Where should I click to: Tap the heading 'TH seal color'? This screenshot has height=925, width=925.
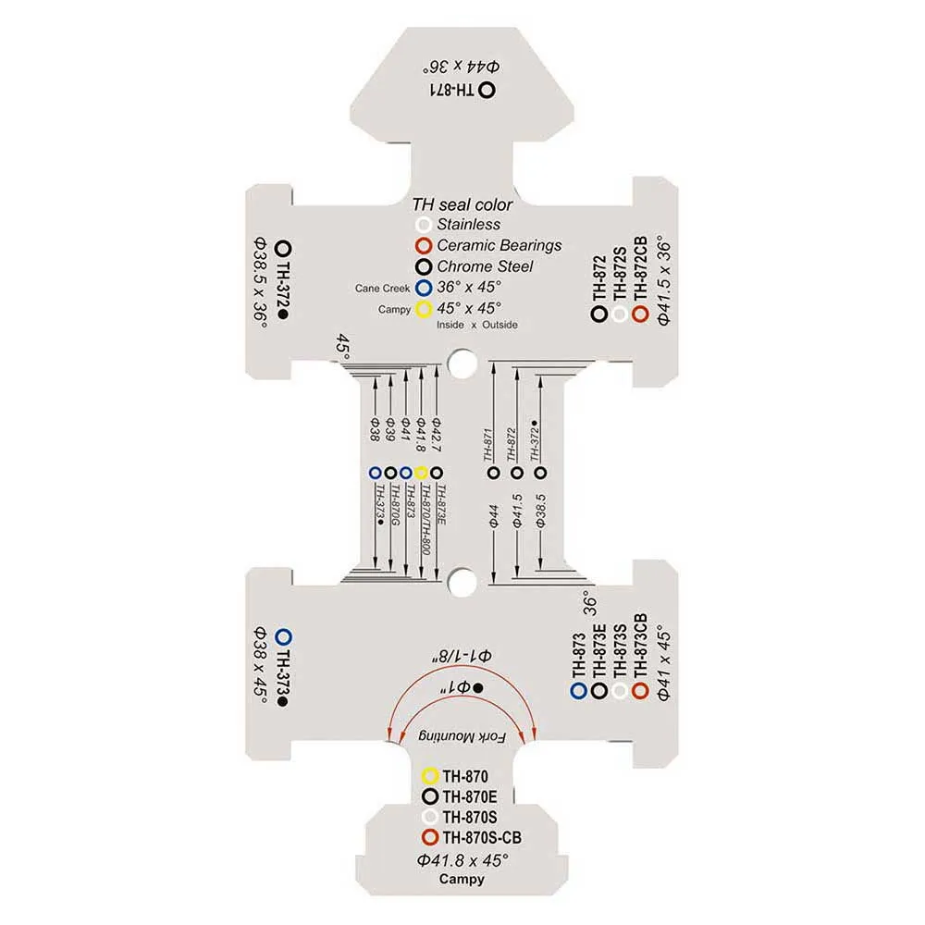coord(462,204)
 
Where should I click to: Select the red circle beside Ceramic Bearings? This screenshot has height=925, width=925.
coord(424,246)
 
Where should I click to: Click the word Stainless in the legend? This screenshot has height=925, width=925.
coord(469,224)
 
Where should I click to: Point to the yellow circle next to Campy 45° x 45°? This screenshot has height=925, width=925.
coord(424,308)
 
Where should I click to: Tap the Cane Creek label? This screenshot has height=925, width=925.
coord(382,289)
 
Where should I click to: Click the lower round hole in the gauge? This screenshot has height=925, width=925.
coord(460,582)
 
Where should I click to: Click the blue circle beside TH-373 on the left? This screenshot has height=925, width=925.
coord(284,636)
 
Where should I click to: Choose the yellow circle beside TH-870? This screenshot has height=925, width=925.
coord(428,776)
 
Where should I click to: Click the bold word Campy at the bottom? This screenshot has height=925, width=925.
coord(462,879)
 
